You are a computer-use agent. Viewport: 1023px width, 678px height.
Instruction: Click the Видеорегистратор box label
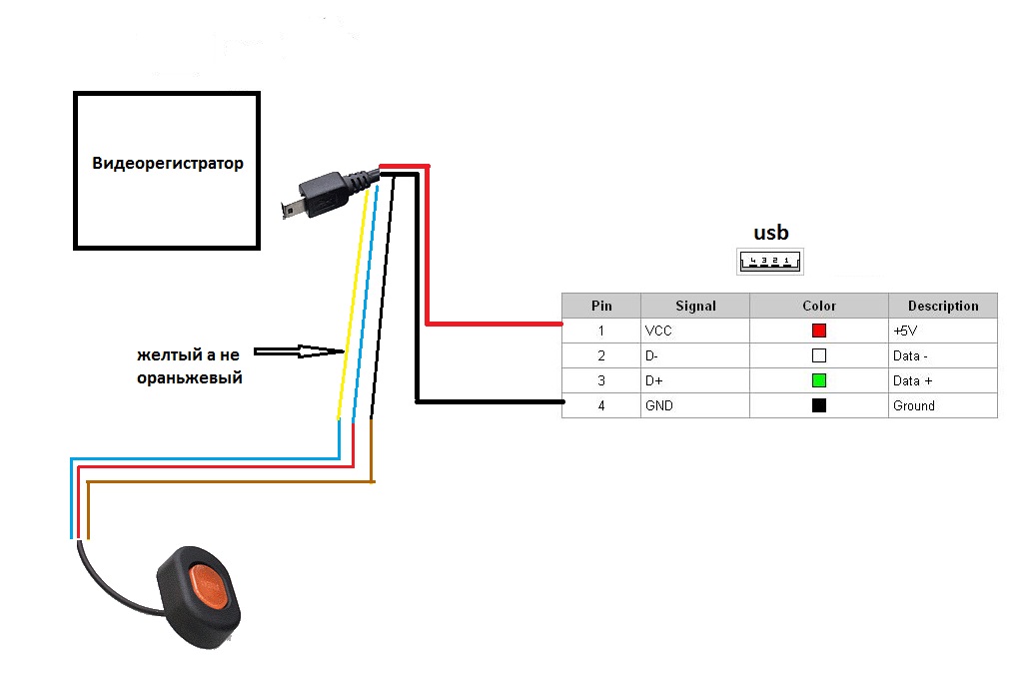pos(168,164)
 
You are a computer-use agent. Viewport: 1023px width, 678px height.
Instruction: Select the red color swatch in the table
pos(819,331)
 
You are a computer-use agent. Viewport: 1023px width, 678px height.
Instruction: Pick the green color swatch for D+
pos(819,380)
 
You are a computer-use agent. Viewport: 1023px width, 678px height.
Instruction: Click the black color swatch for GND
pos(819,405)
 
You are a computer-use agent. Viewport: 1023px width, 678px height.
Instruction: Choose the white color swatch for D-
pos(819,355)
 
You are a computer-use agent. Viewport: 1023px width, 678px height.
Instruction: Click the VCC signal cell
pos(659,331)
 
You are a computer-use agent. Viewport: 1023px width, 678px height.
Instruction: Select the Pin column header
pos(601,306)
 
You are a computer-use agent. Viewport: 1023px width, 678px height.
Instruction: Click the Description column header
pos(942,306)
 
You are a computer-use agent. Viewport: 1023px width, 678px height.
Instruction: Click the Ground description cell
pos(913,405)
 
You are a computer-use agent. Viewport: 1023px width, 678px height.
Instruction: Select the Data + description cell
pos(914,380)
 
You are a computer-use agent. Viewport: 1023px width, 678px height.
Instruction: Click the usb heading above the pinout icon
pos(770,233)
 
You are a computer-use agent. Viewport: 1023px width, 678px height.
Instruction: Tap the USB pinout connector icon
pos(770,262)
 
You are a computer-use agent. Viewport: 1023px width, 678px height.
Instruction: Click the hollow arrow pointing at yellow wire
pos(295,351)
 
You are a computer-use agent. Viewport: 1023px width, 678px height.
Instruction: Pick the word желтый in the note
pos(166,355)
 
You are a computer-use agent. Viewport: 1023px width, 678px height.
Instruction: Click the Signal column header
pos(695,306)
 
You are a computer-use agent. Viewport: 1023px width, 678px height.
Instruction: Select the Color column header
pos(819,306)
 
